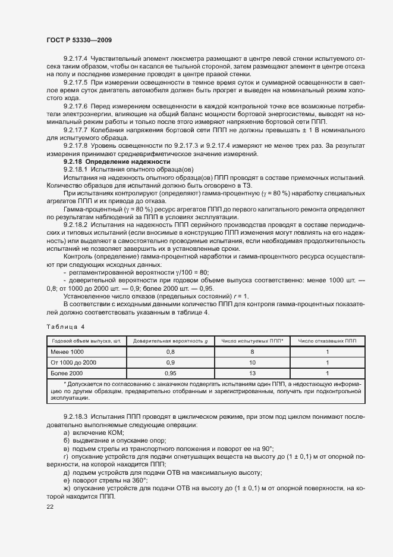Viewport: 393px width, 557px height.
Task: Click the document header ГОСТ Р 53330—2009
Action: [78, 40]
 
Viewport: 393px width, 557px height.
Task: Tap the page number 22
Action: [49, 506]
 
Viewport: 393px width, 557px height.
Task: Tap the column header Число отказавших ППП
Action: [326, 340]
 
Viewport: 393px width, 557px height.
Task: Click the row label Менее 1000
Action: [68, 351]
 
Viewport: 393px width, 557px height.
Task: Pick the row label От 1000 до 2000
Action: [74, 362]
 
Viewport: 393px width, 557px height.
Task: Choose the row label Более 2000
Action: [68, 372]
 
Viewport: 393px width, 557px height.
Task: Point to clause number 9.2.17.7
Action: [76, 129]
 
